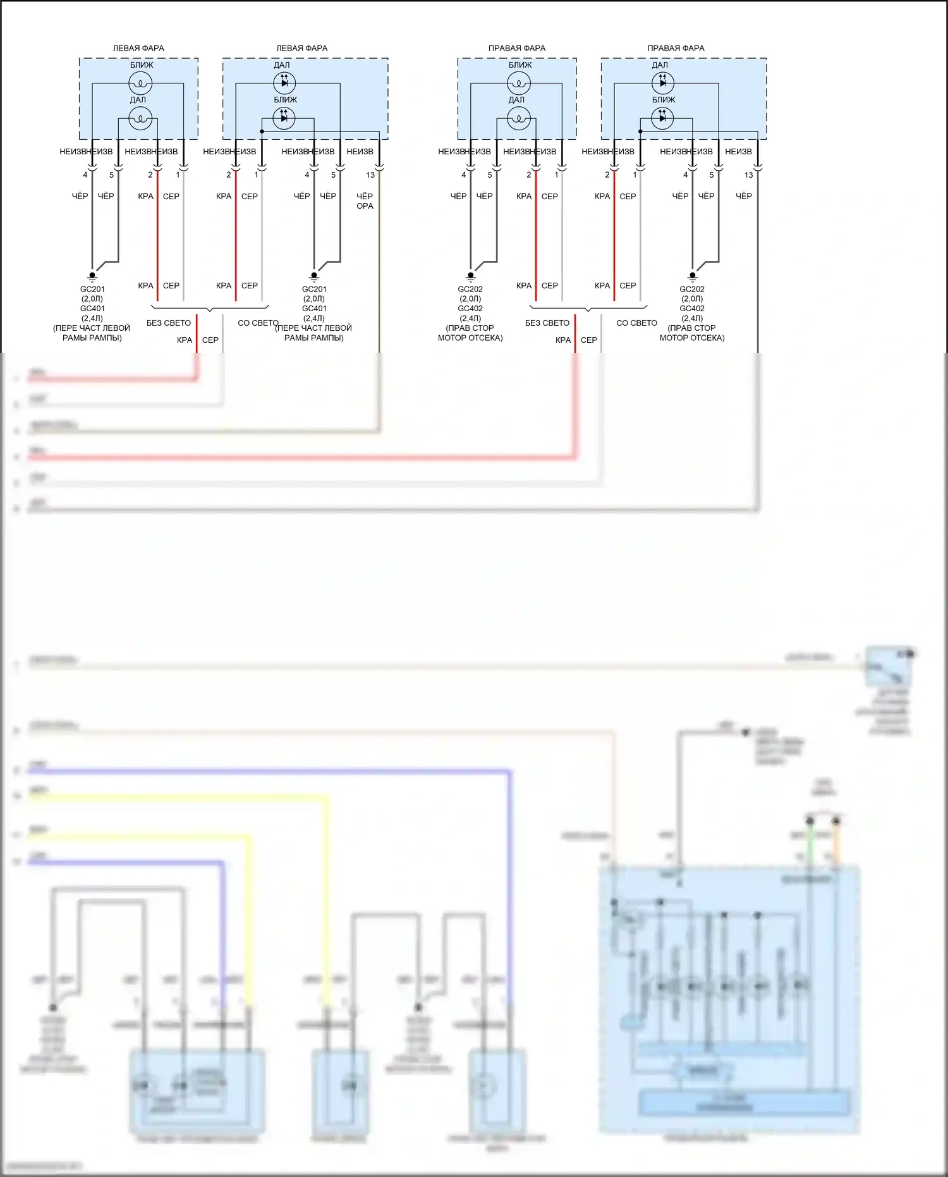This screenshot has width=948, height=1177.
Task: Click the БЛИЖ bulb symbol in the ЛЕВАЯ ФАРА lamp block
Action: [x=140, y=83]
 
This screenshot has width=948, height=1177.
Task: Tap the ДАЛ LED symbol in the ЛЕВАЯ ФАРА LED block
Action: [x=284, y=83]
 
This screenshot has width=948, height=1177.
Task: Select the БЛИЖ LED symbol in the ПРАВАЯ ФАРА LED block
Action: [x=662, y=118]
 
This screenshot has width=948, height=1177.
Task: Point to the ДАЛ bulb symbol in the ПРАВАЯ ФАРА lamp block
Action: [x=518, y=118]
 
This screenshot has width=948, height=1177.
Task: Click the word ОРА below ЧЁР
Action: [x=365, y=206]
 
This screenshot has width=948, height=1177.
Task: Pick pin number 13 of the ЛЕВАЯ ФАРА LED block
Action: [x=370, y=175]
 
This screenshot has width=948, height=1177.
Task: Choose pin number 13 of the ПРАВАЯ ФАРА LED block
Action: [x=748, y=175]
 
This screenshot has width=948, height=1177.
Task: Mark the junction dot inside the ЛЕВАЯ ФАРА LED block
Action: [x=262, y=132]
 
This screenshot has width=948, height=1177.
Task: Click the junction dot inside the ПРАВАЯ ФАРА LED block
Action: [x=640, y=132]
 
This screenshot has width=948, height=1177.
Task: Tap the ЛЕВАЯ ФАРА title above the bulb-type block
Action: [x=138, y=48]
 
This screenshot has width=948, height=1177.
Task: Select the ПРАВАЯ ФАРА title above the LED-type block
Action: [x=676, y=48]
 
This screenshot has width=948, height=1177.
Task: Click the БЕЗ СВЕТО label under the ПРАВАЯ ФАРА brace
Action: [x=547, y=323]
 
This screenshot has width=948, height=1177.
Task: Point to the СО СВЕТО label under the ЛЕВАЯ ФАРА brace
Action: [x=258, y=323]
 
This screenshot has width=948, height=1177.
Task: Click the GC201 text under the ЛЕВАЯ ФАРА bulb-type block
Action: [x=92, y=290]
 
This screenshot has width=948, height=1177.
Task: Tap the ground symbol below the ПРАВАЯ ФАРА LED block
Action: [x=692, y=276]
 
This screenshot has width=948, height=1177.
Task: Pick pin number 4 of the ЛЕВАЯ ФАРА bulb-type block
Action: [x=85, y=175]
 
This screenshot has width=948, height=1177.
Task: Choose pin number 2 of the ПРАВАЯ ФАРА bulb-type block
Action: [x=529, y=175]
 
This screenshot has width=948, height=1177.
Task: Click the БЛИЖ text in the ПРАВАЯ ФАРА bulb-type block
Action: [x=520, y=65]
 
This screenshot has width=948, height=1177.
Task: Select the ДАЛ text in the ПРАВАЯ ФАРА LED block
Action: [x=660, y=65]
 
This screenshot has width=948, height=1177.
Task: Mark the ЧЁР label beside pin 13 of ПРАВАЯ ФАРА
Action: [x=744, y=197]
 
